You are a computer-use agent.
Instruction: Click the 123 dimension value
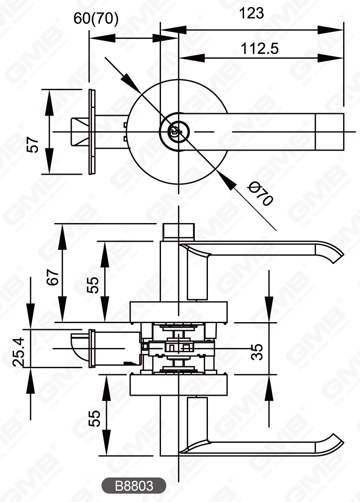tap(252, 13)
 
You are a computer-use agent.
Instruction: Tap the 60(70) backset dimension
tap(96, 18)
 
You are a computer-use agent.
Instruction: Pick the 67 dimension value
tap(53, 277)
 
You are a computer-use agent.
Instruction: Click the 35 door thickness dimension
tap(257, 351)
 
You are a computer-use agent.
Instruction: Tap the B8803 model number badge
tap(134, 486)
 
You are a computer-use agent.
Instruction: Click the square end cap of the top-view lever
tap(329, 132)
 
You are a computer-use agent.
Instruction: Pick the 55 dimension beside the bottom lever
tap(94, 418)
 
